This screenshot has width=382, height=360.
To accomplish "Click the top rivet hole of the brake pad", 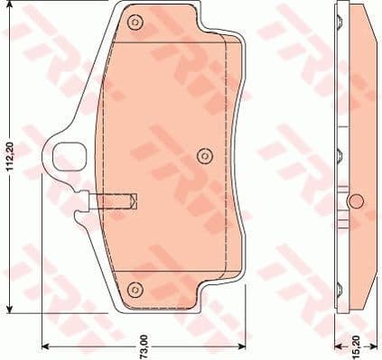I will click(x=135, y=23).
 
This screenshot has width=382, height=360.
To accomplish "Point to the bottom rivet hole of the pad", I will click(x=135, y=289).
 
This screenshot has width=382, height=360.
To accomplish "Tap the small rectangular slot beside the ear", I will click(x=116, y=199).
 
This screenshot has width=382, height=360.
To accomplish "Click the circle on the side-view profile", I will click(x=355, y=200).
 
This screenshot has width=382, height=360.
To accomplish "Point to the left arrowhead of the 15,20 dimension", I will click(x=335, y=350).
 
